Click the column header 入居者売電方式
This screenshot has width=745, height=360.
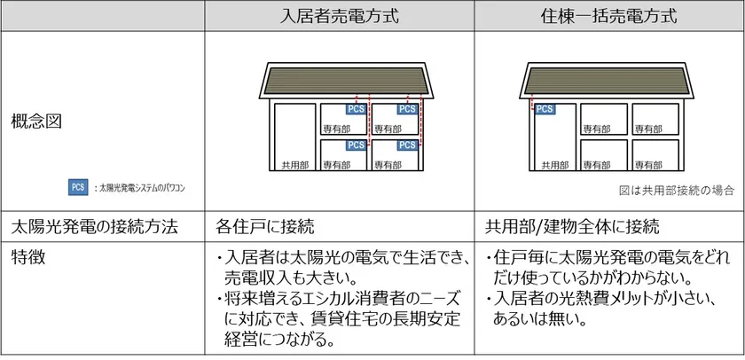point(339,16)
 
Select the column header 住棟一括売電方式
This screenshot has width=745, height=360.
point(608,16)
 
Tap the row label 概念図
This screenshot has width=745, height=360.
point(36,122)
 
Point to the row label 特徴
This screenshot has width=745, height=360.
point(28,257)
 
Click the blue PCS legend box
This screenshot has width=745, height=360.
point(78,187)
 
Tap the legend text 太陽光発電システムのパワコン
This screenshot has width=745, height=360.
point(141,188)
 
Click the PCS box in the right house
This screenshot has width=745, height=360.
point(544,109)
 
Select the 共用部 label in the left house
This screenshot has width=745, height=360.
point(295,165)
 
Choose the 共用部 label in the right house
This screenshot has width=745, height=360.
point(555,165)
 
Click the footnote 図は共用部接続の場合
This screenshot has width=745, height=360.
point(677,191)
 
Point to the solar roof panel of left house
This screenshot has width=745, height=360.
point(347,81)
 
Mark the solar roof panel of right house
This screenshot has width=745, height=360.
point(607,81)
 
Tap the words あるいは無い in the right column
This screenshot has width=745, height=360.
point(539,318)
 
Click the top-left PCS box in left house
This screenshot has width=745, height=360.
point(356,109)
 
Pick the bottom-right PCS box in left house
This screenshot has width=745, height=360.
point(407,145)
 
